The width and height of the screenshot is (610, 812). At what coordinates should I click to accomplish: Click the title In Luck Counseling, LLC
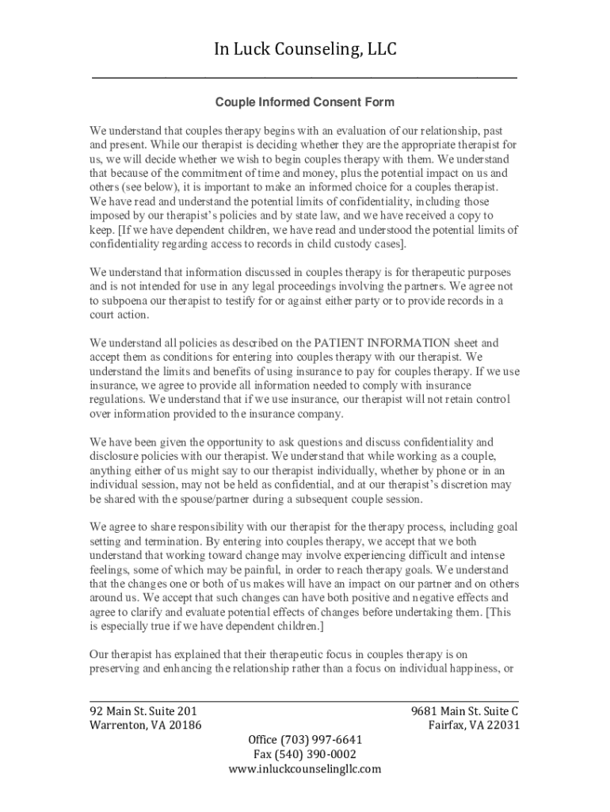click(305, 50)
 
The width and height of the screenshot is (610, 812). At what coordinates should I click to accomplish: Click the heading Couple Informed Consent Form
click(305, 102)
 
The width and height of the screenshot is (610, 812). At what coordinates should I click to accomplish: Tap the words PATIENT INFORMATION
click(382, 343)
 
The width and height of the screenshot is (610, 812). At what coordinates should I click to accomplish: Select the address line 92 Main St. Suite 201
click(143, 710)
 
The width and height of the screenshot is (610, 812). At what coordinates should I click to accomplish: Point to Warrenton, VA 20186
click(145, 725)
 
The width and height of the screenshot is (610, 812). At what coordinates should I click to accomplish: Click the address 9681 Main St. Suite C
click(465, 710)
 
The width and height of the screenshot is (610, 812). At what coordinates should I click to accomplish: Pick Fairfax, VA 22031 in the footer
click(474, 725)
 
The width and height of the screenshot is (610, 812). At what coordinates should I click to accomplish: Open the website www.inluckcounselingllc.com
click(305, 768)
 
